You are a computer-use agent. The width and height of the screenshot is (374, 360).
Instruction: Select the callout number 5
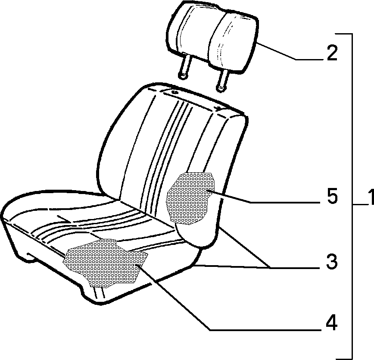coord(332,196)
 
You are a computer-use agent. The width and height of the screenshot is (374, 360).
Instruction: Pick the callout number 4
coord(331,323)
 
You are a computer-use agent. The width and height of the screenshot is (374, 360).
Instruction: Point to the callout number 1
coord(370,197)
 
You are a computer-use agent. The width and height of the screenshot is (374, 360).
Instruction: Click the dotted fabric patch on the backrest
coord(190,198)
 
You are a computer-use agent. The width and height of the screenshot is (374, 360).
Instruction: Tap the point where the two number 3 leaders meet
coord(271,267)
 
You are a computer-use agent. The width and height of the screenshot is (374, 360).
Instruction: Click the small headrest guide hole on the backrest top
coord(175,92)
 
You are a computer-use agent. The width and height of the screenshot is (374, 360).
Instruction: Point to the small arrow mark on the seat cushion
coord(64,219)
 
